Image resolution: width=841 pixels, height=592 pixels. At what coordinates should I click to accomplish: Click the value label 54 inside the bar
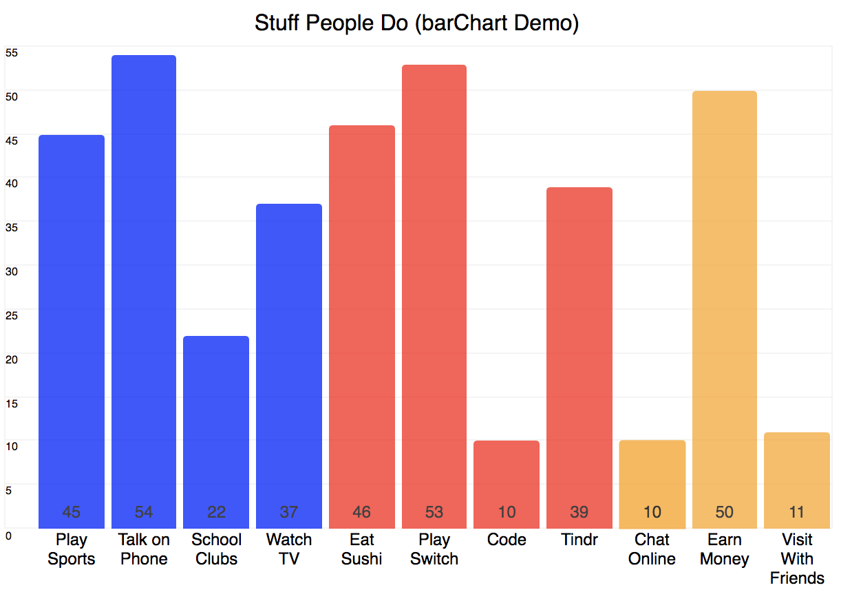[144, 512]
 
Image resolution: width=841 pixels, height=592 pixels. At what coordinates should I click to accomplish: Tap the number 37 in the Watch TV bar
[289, 512]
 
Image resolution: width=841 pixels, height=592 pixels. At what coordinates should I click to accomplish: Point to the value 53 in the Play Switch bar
[434, 512]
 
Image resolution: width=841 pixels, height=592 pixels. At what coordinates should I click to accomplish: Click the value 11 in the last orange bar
[797, 512]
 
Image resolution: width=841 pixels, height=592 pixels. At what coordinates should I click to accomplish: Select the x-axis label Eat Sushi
[362, 549]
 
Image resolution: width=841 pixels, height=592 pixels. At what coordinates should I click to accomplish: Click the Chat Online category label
[652, 549]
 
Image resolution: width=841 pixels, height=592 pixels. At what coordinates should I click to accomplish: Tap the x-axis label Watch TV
[289, 549]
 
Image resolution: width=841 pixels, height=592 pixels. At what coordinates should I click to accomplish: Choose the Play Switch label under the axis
[434, 549]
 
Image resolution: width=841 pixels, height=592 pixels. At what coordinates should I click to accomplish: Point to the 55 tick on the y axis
[12, 52]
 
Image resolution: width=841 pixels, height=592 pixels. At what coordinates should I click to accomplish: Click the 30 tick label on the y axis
[12, 271]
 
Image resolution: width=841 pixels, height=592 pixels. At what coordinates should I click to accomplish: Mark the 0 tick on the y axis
[8, 535]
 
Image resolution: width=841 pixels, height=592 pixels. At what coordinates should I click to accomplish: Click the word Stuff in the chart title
[277, 23]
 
